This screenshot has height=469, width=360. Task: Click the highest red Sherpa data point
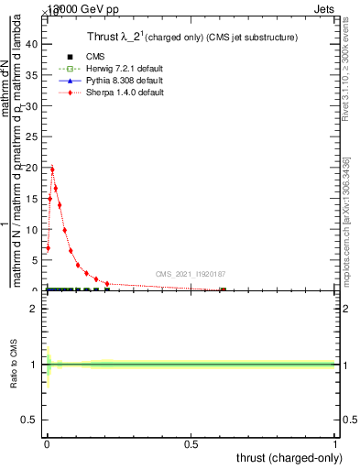(52, 169)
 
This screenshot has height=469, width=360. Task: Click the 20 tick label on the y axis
(35, 168)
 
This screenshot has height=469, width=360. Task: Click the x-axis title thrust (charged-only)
(289, 457)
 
